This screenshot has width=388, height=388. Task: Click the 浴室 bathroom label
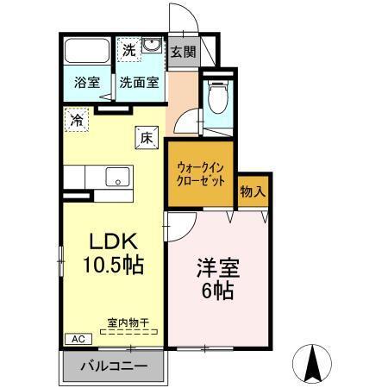[86, 84]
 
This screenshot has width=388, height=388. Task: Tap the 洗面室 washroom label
[139, 84]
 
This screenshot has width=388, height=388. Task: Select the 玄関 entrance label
[183, 51]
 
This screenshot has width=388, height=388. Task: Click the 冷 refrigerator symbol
[78, 122]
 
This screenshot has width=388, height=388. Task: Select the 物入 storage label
[252, 189]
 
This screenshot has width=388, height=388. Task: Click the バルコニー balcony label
[113, 366]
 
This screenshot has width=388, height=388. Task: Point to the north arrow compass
[313, 362]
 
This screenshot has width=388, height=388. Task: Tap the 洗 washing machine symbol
[128, 50]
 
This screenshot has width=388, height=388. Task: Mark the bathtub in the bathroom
[88, 49]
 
